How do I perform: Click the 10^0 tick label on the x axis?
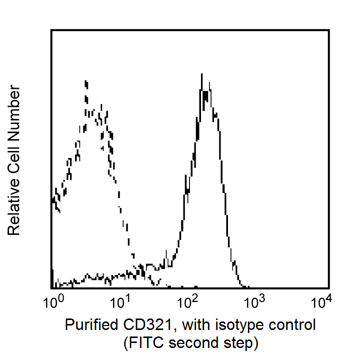tap(52, 301)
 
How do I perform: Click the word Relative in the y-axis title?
tap(14, 205)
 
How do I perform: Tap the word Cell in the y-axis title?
tap(14, 151)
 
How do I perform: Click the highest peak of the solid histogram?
tap(201, 74)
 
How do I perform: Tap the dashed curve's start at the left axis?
tap(52, 200)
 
